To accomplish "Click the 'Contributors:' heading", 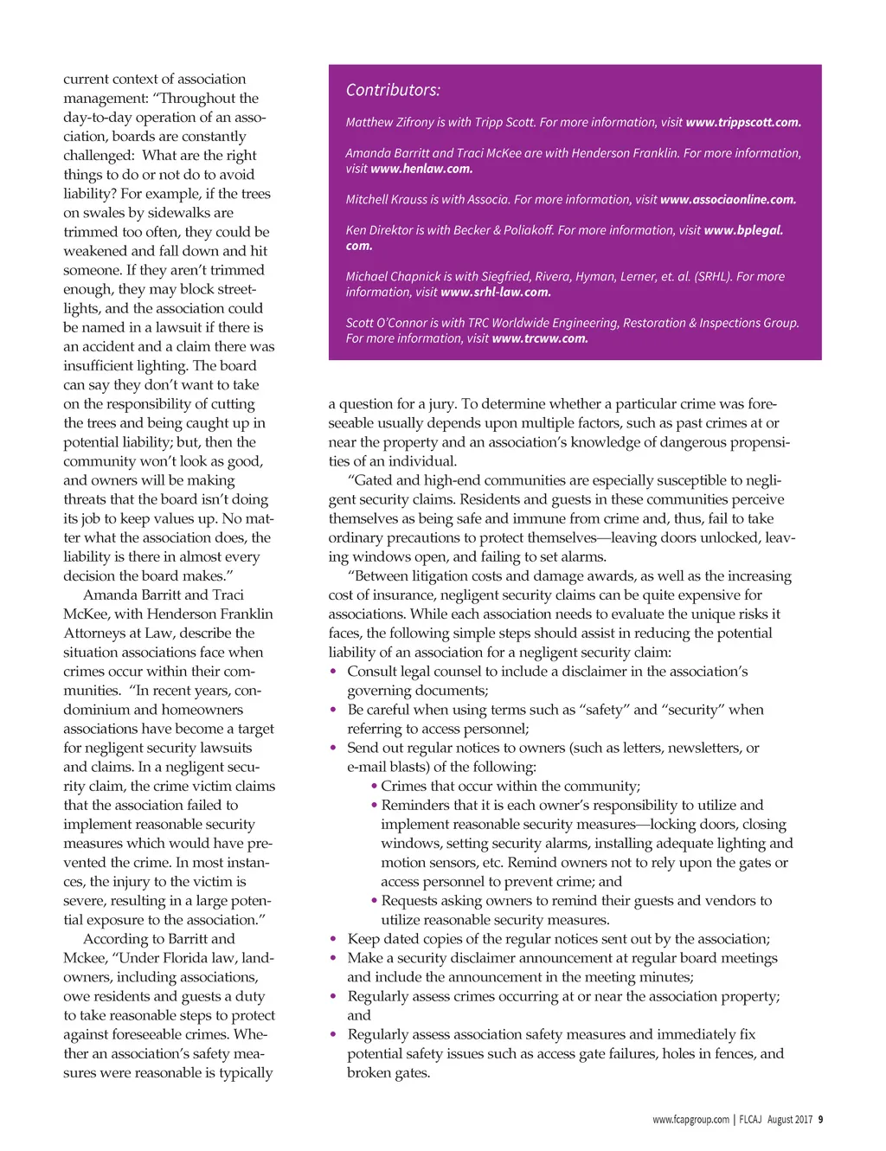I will click(x=393, y=90).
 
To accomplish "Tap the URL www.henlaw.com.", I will click(x=421, y=169).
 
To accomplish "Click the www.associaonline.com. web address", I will click(x=728, y=200).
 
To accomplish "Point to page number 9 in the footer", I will click(x=820, y=1119).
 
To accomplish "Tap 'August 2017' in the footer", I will click(x=789, y=1119).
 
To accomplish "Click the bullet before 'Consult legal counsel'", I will click(x=334, y=672).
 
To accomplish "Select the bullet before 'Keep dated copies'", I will click(x=334, y=939).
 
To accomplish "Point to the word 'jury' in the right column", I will click(x=440, y=404).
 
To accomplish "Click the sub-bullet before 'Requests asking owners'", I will click(x=374, y=901).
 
